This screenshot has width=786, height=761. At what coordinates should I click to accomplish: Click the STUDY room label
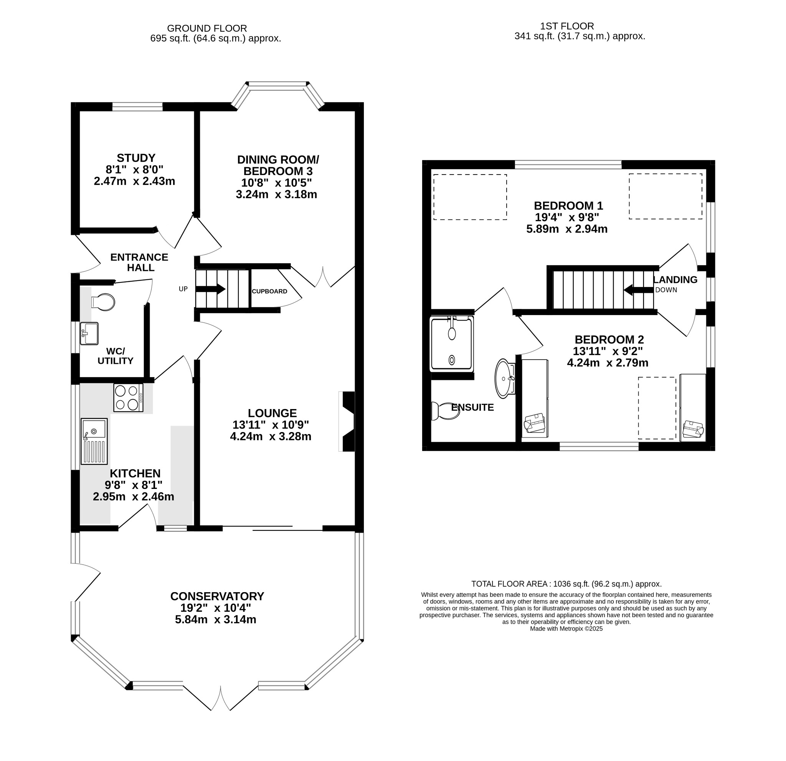pos(136,158)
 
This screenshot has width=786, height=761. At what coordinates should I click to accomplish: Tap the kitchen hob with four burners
pos(128,398)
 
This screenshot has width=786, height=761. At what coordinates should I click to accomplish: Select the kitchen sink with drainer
pos(94,441)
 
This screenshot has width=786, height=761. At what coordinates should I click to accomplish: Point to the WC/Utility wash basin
pos(89,333)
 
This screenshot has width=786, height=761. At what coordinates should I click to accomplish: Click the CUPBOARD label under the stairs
pos(269,292)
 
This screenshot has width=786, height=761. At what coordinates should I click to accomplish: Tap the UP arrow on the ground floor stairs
pos(210,289)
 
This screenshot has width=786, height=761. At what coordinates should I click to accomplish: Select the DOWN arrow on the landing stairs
pos(638,290)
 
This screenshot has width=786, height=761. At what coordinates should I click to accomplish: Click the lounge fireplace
pos(347,421)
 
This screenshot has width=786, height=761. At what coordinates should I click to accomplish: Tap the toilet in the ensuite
pos(446,411)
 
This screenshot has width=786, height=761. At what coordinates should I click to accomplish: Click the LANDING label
pos(675,280)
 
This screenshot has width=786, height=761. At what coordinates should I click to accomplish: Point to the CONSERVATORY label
pos(217,596)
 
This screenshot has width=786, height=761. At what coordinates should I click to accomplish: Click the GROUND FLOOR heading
pos(207,28)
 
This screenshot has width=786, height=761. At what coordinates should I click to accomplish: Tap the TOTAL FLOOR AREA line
pos(566,584)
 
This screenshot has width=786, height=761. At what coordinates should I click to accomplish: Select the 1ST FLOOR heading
pos(567,26)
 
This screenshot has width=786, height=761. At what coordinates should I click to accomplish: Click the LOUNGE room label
pos(272,413)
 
